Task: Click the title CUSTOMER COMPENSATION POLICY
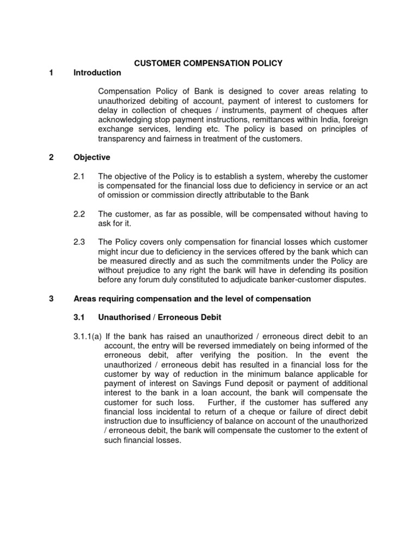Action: [208, 63]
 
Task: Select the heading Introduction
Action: [97, 73]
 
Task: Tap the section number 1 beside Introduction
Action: [50, 73]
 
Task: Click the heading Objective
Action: [92, 157]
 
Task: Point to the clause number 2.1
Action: [79, 177]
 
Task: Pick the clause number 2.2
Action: [79, 214]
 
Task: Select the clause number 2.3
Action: [79, 242]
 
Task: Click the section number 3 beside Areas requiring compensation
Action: [50, 299]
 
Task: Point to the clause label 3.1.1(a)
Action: [87, 337]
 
